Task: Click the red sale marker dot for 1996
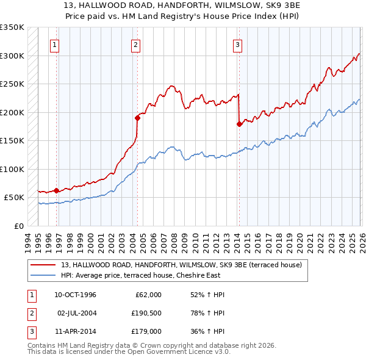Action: (57, 190)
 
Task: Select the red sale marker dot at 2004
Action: (137, 118)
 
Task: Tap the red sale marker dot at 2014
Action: (239, 124)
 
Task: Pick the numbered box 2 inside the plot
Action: (135, 44)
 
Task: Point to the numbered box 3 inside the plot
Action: (237, 44)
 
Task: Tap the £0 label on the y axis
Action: (18, 226)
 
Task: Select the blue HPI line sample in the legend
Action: (43, 275)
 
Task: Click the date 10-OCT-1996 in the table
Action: (75, 295)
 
